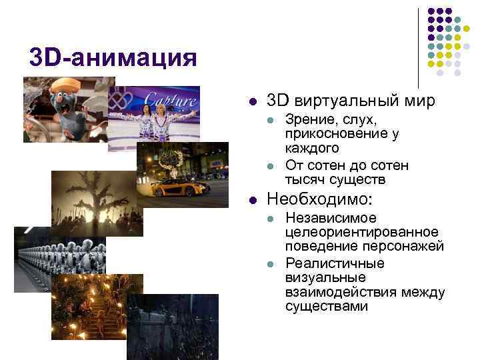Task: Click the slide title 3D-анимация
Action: [113, 58]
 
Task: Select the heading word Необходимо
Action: [318, 199]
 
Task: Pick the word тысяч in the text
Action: [303, 180]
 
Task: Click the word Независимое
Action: [330, 218]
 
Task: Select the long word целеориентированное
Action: [362, 233]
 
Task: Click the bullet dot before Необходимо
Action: [253, 200]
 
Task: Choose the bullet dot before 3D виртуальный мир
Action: [253, 102]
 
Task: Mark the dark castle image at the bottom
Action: [172, 327]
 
